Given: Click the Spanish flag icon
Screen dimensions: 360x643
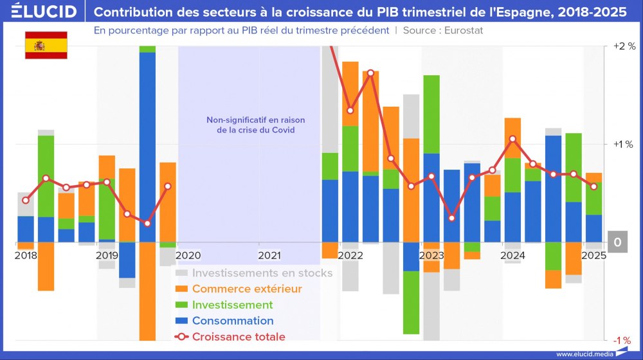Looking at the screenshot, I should click(46, 45).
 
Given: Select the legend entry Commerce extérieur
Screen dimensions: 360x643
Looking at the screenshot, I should click(247, 289).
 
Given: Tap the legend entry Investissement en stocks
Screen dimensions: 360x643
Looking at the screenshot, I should click(262, 273).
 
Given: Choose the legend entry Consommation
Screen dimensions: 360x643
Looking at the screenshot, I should click(233, 321).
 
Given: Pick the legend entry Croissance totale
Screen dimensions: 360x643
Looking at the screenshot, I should click(239, 336).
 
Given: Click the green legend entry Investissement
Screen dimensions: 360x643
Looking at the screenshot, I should click(232, 305).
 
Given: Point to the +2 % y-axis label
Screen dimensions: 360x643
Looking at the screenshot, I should click(624, 46).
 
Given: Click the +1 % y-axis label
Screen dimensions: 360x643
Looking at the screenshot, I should click(624, 144).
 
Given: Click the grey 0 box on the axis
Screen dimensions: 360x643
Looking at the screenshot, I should click(617, 242).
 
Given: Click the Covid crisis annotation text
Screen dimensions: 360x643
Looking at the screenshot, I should click(255, 125).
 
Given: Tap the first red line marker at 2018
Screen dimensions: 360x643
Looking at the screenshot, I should click(26, 201).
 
